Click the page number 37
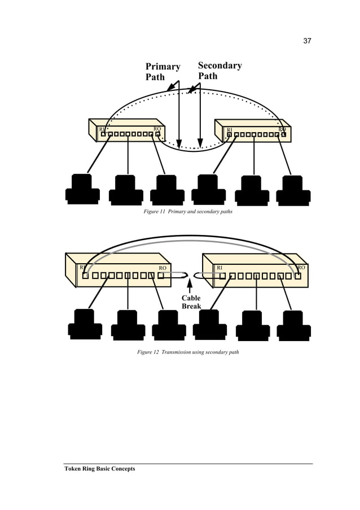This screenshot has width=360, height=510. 308,41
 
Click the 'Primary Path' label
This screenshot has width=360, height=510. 163,71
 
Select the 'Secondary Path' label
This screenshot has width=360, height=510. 219,70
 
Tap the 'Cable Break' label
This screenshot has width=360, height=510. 191,302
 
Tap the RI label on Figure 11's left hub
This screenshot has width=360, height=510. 102,129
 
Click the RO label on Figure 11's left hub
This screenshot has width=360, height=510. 157,129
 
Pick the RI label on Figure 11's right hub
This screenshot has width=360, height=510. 229,130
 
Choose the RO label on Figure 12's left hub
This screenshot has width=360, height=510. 163,268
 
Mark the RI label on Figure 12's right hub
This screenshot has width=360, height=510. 219,267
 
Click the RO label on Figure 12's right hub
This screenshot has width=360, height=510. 301,267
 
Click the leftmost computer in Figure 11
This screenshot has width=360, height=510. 82,189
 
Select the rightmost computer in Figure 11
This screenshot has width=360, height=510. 293,190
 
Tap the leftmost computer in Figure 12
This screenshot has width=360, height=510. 85,324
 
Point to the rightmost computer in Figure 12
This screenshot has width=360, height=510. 293,325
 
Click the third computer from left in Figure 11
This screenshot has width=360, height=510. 166,190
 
